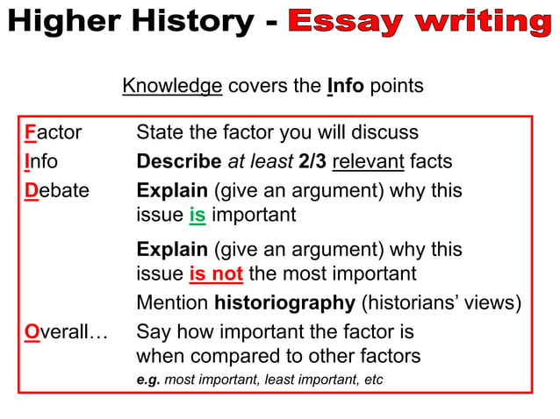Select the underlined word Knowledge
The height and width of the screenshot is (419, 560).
[172, 86]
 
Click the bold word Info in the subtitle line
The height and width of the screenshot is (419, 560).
[346, 86]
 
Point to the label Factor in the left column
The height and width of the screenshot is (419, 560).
[53, 133]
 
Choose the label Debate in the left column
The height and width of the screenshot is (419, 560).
[56, 190]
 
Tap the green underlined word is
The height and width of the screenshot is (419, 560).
[197, 215]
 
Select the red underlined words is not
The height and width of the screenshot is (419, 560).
[215, 273]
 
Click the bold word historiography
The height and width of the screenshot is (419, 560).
[284, 304]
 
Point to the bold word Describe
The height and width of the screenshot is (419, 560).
[179, 161]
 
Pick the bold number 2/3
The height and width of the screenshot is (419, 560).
[313, 161]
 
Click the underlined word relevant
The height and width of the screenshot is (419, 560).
[369, 161]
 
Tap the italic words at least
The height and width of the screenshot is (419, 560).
[260, 161]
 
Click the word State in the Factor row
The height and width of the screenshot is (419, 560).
[158, 133]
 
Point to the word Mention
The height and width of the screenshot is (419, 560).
[172, 304]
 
